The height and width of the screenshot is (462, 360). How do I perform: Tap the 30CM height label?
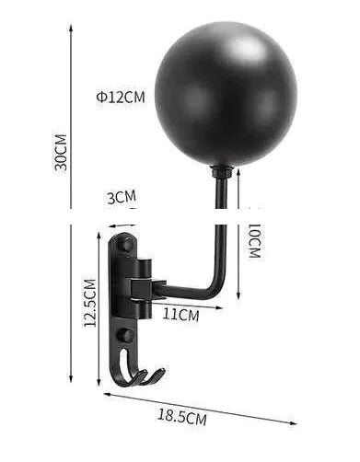click(61, 152)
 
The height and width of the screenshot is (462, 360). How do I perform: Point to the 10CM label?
click(254, 240)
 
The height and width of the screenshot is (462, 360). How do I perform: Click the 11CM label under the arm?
click(180, 314)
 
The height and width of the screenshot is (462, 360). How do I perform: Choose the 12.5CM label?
click(89, 304)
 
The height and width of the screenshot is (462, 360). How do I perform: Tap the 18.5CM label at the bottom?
click(181, 416)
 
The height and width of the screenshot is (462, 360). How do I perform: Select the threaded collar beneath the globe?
click(221, 171)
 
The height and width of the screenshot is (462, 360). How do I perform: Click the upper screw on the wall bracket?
click(125, 245)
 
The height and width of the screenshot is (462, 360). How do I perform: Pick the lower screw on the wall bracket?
click(125, 335)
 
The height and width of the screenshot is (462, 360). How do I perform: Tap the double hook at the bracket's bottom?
click(145, 375)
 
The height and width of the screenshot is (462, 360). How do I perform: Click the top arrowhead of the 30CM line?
click(72, 28)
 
